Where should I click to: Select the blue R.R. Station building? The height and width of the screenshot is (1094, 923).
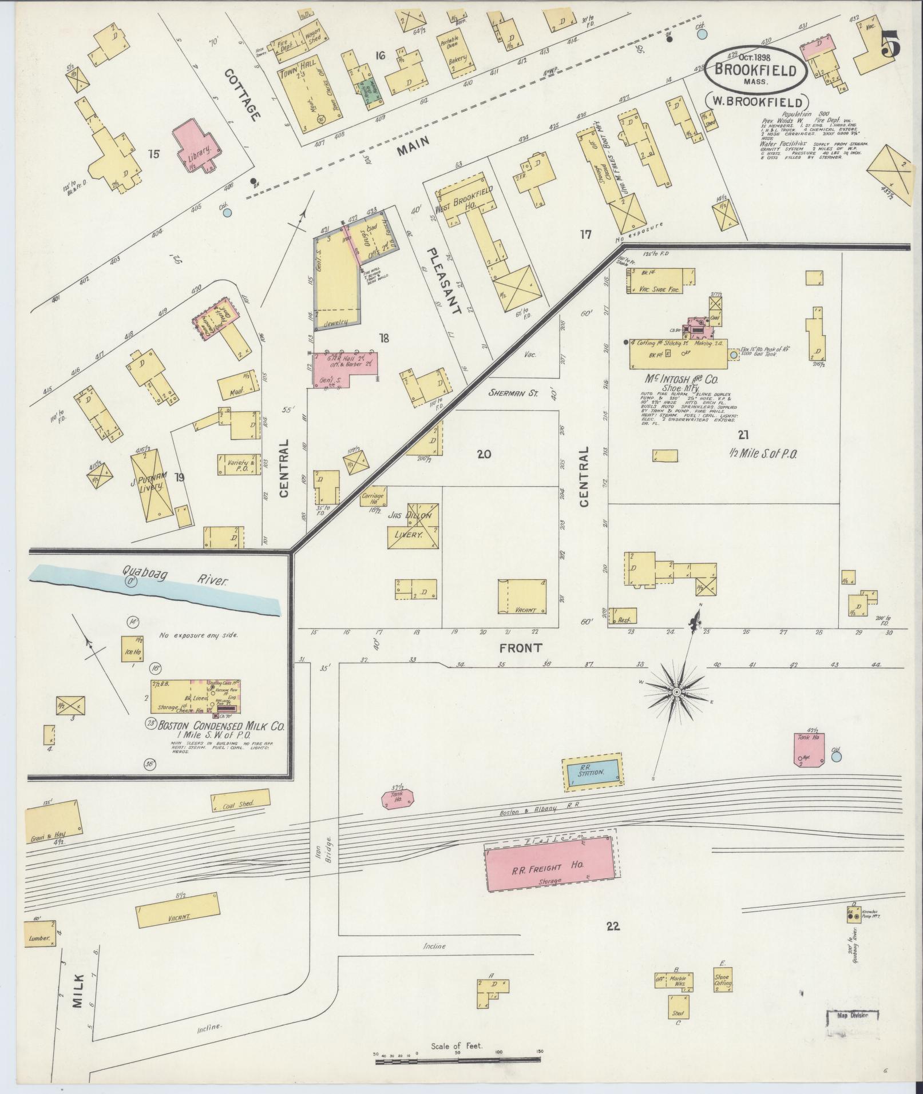pyautogui.click(x=593, y=774)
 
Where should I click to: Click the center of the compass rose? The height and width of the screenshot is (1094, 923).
pyautogui.click(x=676, y=692)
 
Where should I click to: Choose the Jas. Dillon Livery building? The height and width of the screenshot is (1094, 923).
pyautogui.click(x=415, y=526)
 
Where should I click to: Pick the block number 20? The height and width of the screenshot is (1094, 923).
pyautogui.click(x=484, y=454)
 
